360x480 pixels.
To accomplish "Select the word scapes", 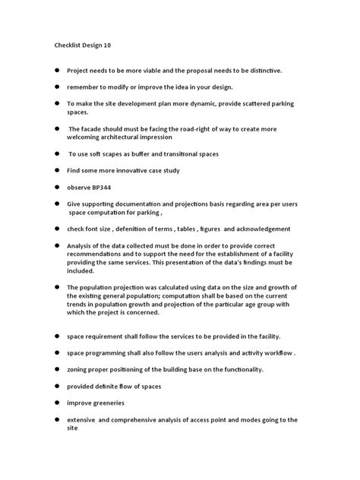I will click(x=115, y=154).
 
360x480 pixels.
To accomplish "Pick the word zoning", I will click(x=78, y=369).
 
